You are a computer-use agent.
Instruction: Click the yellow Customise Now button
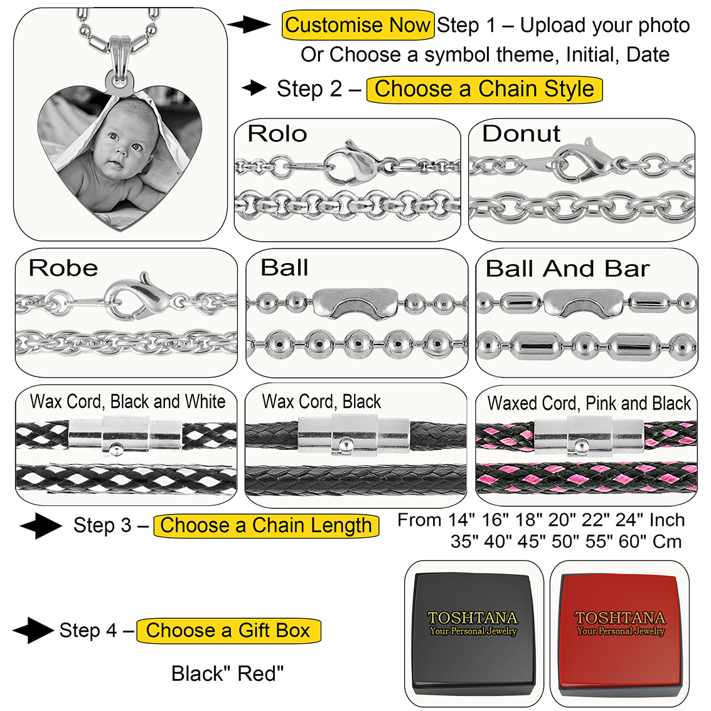click(358, 25)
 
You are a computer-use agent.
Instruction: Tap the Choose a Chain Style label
click(484, 88)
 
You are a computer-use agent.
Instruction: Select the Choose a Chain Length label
click(266, 525)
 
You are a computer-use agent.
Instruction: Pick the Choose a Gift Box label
click(228, 630)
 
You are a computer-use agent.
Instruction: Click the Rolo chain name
click(277, 134)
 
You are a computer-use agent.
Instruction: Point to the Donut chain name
click(521, 134)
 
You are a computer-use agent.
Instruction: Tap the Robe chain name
click(63, 268)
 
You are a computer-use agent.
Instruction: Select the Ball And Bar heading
click(567, 269)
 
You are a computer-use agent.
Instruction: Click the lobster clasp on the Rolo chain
click(351, 163)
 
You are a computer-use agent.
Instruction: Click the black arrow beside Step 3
click(40, 526)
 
